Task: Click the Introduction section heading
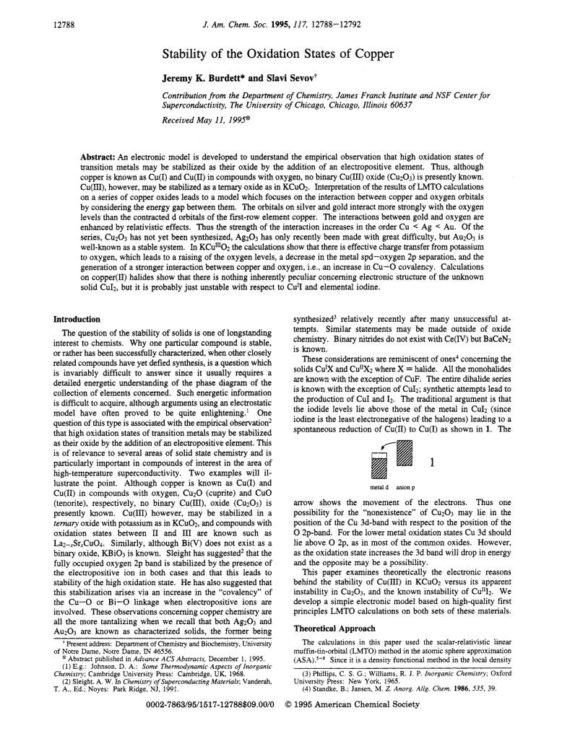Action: (x=78, y=318)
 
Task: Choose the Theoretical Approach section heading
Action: (x=331, y=629)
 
